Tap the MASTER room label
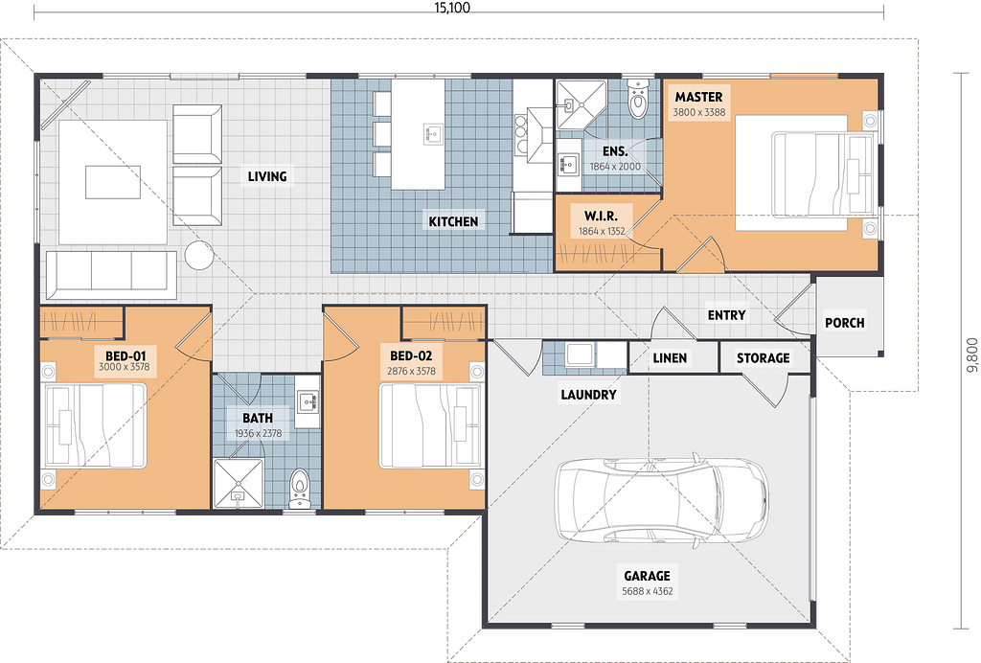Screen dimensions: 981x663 (x=698, y=97)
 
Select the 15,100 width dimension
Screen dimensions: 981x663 (x=452, y=8)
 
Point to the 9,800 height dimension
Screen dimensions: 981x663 (x=971, y=355)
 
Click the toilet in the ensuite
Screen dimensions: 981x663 (x=638, y=98)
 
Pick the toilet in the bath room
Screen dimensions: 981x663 (x=300, y=489)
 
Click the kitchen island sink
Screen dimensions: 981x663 (x=432, y=134)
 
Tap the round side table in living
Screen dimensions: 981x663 (x=199, y=255)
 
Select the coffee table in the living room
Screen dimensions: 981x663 (x=113, y=182)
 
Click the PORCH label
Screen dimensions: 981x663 (x=845, y=323)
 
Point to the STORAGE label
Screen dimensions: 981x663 (x=763, y=358)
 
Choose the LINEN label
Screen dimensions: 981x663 (x=670, y=358)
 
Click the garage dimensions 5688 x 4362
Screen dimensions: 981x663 (x=648, y=591)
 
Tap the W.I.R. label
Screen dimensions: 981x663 (x=601, y=217)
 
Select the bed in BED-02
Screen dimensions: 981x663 (x=431, y=426)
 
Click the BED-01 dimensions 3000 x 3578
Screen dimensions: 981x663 (x=124, y=367)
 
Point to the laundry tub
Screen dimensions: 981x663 (x=580, y=354)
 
